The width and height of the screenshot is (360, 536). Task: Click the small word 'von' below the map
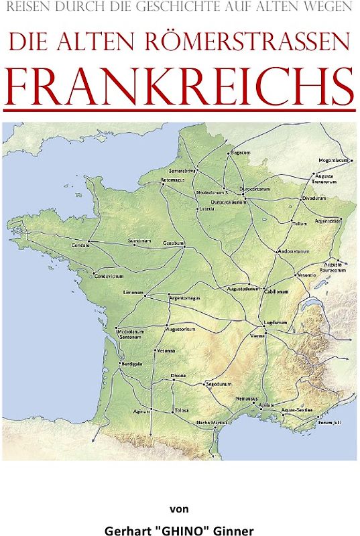[x=180, y=509]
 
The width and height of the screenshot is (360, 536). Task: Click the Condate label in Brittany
[x=80, y=245]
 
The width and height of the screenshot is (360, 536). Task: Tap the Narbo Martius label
[x=210, y=422]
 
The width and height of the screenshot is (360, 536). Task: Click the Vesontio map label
[x=306, y=275]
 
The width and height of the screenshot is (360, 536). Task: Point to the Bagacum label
[x=240, y=153]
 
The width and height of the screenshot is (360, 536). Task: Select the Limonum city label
[x=133, y=293]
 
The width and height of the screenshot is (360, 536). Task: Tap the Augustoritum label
[x=181, y=330]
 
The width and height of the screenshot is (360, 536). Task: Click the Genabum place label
[x=173, y=243]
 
